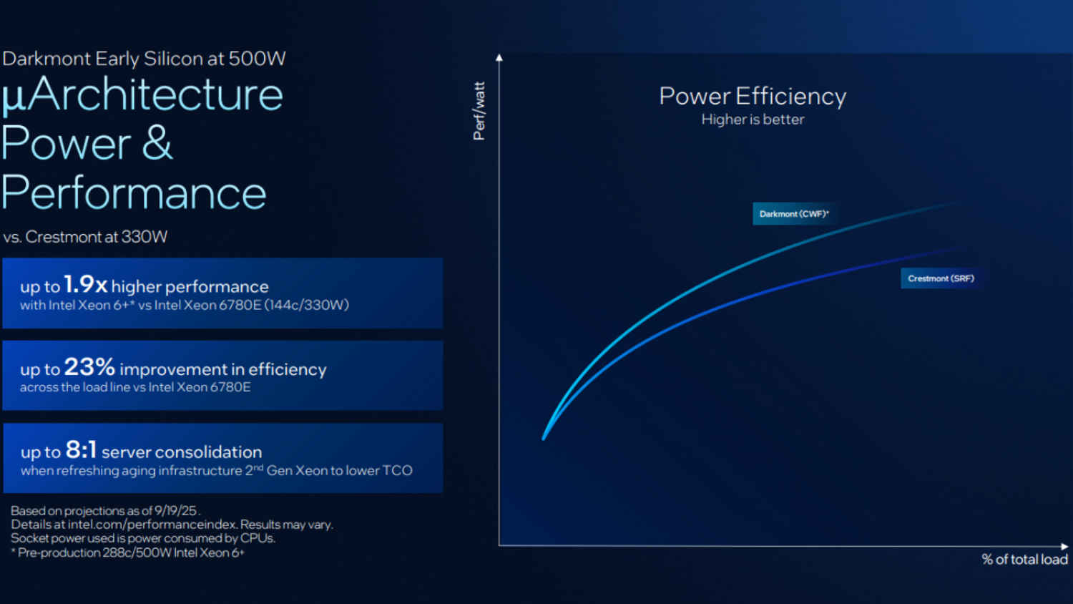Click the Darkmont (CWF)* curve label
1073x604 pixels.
(794, 214)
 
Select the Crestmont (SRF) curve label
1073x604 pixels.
(941, 278)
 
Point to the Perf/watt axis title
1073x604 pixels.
(479, 111)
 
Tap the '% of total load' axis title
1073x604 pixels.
(1024, 560)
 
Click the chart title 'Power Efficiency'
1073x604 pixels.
(753, 97)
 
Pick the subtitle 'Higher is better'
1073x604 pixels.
(753, 120)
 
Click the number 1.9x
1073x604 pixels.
(85, 285)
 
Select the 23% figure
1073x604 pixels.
(89, 367)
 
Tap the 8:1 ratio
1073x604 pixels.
(81, 450)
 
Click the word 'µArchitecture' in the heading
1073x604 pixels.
(142, 94)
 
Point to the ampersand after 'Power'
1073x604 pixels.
(157, 142)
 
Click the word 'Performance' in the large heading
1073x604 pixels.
(134, 193)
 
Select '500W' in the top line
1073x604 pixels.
(257, 59)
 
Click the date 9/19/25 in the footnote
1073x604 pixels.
(176, 511)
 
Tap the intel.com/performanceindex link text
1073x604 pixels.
(152, 525)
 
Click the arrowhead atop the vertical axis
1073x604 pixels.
(499, 57)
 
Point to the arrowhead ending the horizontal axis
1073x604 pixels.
(1064, 546)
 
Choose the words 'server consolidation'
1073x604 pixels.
(182, 452)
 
